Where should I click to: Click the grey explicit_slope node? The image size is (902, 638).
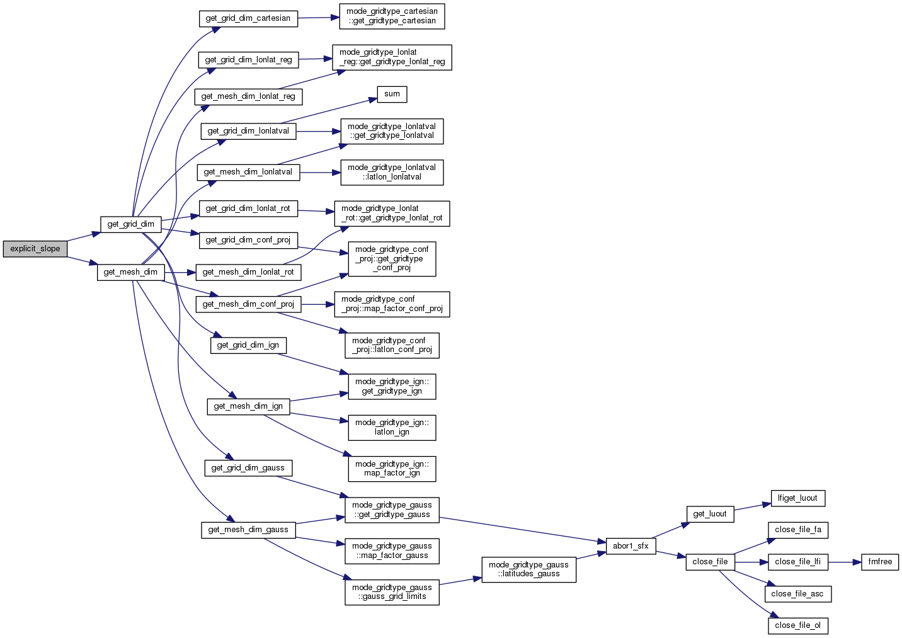point(35,249)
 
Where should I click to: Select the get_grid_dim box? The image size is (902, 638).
point(130,224)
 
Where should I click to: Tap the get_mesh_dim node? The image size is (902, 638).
point(130,272)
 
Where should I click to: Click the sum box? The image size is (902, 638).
point(392,94)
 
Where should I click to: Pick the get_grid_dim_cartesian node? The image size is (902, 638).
point(248,18)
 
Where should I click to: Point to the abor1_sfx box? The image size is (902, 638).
point(631,545)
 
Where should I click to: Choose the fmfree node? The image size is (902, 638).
point(880,562)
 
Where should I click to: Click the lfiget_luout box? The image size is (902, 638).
point(797,498)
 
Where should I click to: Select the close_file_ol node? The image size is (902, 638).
point(797,625)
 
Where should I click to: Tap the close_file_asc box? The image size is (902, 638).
point(797,594)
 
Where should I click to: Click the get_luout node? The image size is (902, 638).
point(710,514)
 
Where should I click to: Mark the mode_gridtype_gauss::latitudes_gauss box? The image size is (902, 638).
point(528,569)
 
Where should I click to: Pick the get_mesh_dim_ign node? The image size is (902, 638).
point(248,406)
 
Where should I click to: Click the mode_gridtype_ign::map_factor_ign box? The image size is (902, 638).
point(392,469)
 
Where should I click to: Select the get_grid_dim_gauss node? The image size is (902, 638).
point(248,468)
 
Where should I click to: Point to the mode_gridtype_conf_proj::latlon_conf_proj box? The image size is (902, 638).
point(392,345)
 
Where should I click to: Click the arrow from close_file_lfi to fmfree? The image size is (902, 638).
point(844,562)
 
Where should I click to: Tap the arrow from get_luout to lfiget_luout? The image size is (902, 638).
point(753,506)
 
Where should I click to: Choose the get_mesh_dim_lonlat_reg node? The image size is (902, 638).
point(248,96)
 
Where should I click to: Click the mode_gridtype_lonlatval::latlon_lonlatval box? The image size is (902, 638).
point(392,172)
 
